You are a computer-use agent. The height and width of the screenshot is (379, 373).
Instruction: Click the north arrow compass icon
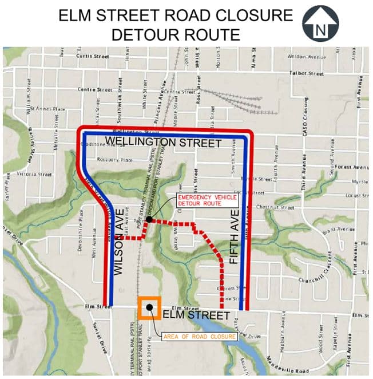pyautogui.click(x=320, y=23)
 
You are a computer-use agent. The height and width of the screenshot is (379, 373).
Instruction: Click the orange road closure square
pyautogui.click(x=149, y=307)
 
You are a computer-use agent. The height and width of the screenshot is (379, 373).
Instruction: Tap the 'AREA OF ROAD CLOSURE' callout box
pyautogui.click(x=200, y=337)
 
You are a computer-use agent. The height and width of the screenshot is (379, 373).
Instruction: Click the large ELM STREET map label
pyautogui.click(x=196, y=316)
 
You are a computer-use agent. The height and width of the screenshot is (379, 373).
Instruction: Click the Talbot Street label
pyautogui.click(x=307, y=74)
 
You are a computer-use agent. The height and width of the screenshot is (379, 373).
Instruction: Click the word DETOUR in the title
pyautogui.click(x=147, y=34)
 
